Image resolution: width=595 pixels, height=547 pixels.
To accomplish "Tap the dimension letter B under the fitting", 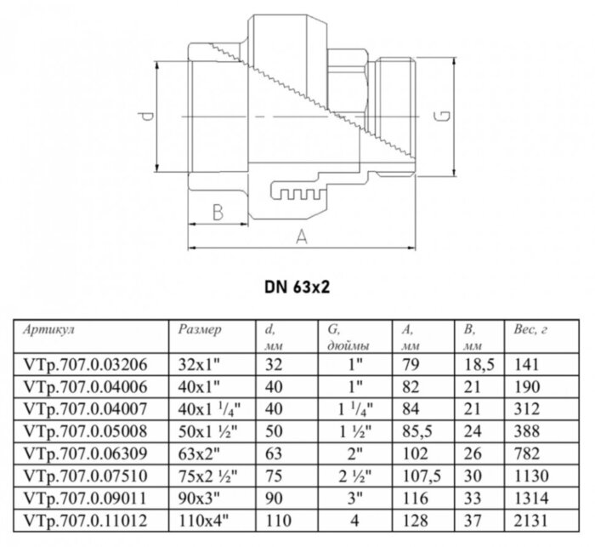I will (217, 210).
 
